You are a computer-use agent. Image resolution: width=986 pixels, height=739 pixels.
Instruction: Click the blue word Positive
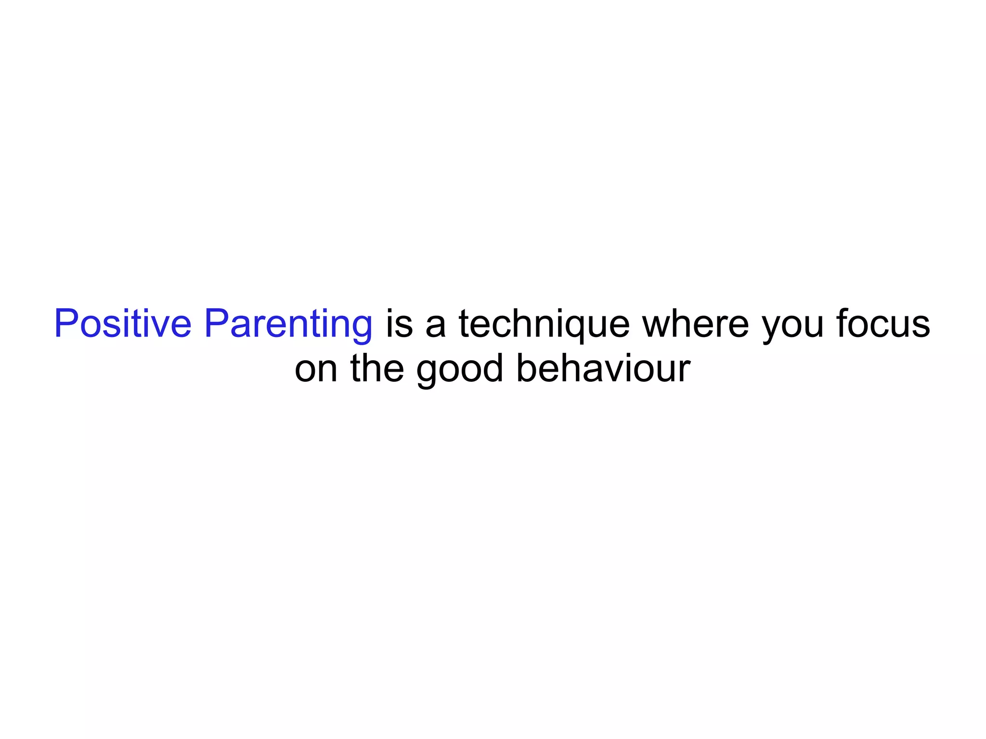tap(123, 324)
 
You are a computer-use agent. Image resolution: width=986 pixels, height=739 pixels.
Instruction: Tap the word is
tap(399, 324)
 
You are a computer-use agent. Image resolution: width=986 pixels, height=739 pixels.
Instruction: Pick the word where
tap(696, 324)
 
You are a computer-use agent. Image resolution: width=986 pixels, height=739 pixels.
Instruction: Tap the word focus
tap(883, 324)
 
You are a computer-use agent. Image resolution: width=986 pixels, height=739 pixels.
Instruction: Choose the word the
tap(377, 368)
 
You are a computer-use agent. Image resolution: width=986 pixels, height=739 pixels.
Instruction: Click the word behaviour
tap(603, 368)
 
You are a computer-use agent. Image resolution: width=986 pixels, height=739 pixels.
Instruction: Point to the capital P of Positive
tap(65, 324)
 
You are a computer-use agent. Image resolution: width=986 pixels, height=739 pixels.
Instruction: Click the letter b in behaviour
tap(526, 368)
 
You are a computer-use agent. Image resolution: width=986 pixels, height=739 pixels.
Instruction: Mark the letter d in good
tap(493, 368)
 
